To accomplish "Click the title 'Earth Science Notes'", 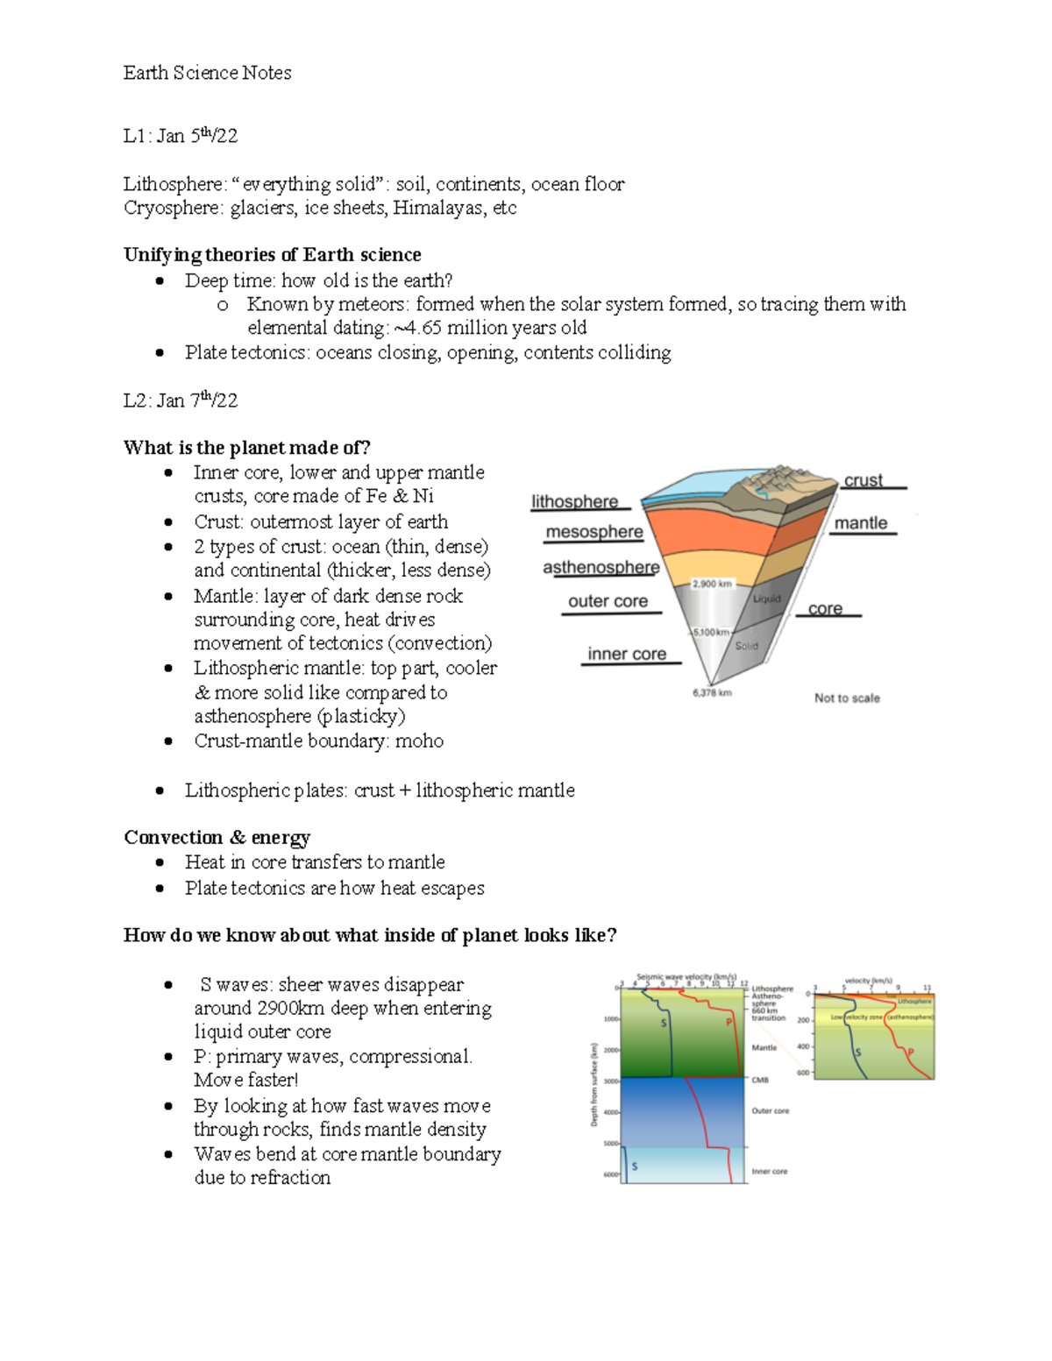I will click(x=207, y=73).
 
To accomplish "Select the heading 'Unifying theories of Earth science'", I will click(x=272, y=254).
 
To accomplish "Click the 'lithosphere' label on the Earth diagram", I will click(x=574, y=501).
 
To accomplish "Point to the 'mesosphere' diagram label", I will click(x=594, y=532).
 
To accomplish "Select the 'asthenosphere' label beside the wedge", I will click(x=601, y=567).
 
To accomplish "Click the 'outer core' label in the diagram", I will click(x=608, y=601).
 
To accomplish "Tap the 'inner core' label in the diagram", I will click(x=627, y=654).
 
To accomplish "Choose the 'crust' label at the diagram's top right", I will click(x=863, y=480).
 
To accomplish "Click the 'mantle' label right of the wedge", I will click(x=860, y=523).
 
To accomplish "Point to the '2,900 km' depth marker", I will click(x=711, y=584).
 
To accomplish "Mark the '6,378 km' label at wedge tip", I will click(x=712, y=692).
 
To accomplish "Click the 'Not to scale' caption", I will click(x=847, y=698).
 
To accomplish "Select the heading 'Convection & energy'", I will click(x=217, y=837).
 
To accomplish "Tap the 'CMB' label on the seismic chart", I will click(x=760, y=1080).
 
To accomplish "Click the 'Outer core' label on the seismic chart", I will click(x=770, y=1110).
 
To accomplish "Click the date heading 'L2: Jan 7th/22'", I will click(x=180, y=401).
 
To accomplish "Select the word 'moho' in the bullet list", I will click(x=419, y=741).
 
